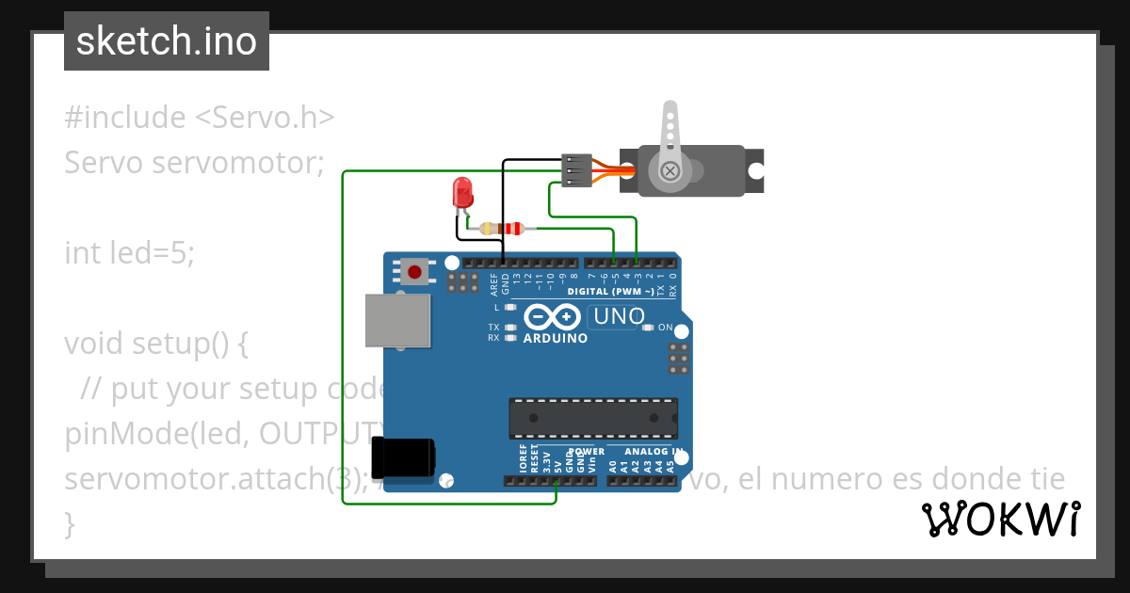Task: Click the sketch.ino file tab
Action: (x=167, y=41)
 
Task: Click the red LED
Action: (x=462, y=192)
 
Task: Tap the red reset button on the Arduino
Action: (x=414, y=272)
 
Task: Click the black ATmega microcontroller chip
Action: (x=593, y=418)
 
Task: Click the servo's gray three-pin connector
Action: (x=575, y=170)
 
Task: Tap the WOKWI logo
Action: (x=1000, y=519)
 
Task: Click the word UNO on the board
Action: (x=619, y=316)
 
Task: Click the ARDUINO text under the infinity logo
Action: (x=555, y=338)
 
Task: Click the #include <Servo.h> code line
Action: (x=199, y=118)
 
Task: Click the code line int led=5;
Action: (x=129, y=253)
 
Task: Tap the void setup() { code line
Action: (x=155, y=344)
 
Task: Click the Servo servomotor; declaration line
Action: (x=193, y=163)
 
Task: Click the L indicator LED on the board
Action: (x=510, y=307)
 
